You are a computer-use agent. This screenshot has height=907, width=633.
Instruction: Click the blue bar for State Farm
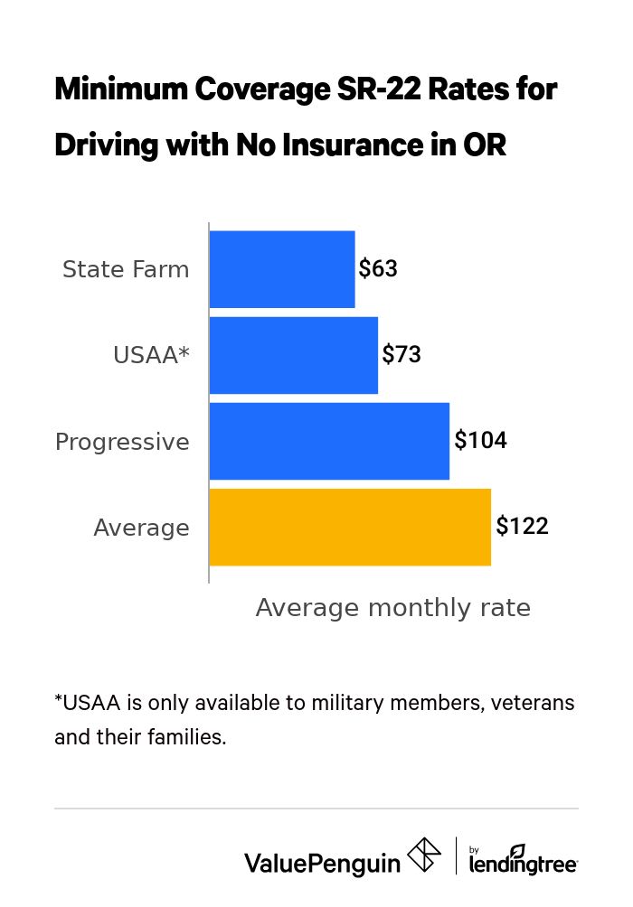tap(282, 269)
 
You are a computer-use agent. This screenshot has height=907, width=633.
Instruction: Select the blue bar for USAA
tap(293, 355)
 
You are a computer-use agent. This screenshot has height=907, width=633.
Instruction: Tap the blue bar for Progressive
tap(329, 441)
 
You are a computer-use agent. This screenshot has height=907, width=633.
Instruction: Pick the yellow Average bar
tap(350, 528)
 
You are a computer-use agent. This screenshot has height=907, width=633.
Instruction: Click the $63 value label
tap(378, 269)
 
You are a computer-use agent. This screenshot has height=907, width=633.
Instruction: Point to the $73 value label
tap(402, 355)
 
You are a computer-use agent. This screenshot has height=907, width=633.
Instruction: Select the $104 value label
tap(480, 441)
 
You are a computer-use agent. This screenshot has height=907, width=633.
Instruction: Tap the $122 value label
tap(522, 527)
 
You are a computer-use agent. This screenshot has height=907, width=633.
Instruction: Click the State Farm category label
tap(126, 270)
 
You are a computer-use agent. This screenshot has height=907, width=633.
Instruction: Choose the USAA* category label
tap(151, 356)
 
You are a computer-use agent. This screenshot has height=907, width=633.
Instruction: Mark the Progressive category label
tap(122, 443)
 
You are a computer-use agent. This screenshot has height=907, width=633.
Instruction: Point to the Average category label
tap(141, 528)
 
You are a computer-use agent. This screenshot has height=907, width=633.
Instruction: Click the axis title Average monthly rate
tap(392, 608)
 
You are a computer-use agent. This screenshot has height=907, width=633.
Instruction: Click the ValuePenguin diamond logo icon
tap(424, 855)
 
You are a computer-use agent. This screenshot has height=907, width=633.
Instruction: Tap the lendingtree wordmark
tap(524, 865)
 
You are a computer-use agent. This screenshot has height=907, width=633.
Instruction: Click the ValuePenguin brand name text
tap(322, 864)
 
